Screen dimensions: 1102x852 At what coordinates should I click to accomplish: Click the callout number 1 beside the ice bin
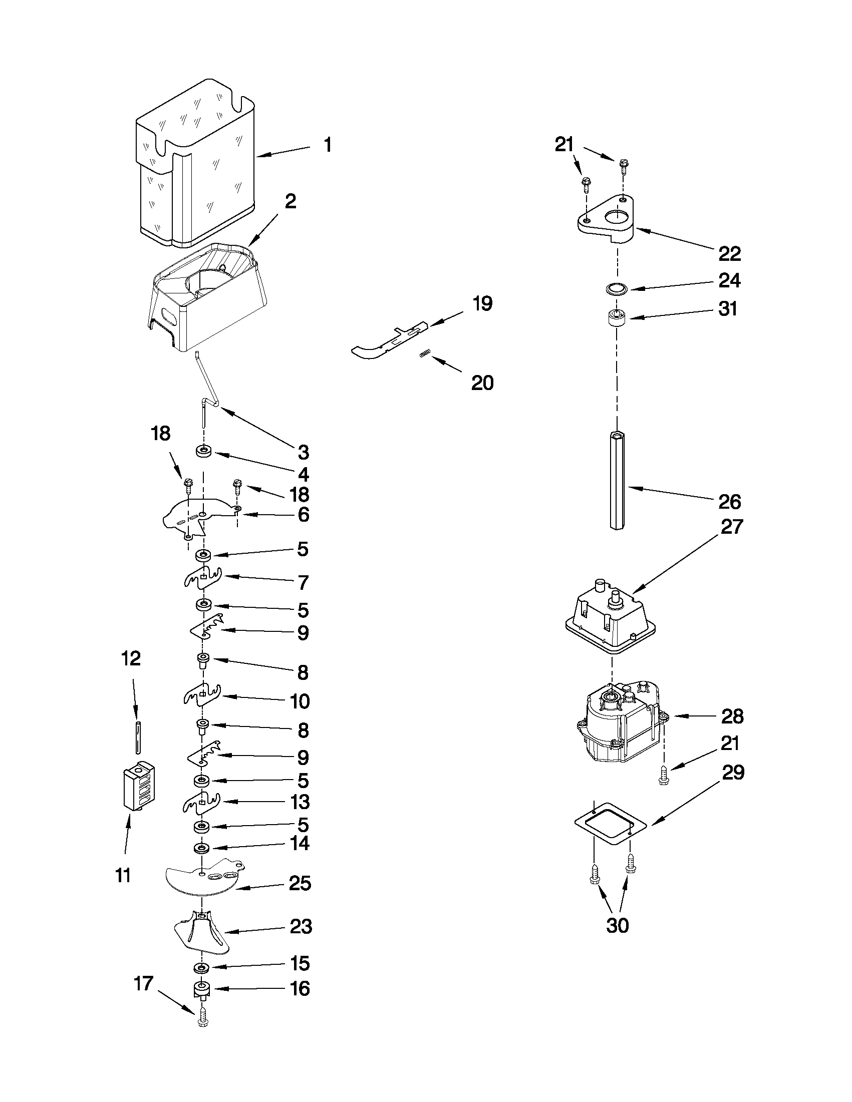pyautogui.click(x=328, y=146)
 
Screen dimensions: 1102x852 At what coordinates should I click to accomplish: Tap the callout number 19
pyautogui.click(x=482, y=304)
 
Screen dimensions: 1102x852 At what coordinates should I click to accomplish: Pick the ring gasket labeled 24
pyautogui.click(x=616, y=289)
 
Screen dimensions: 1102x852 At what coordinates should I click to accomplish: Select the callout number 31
pyautogui.click(x=728, y=309)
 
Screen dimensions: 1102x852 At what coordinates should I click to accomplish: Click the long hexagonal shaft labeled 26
pyautogui.click(x=617, y=479)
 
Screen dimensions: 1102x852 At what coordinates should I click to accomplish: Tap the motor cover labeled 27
pyautogui.click(x=611, y=618)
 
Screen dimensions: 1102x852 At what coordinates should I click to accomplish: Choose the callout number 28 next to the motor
pyautogui.click(x=732, y=716)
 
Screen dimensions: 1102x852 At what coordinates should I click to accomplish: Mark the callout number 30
pyautogui.click(x=617, y=925)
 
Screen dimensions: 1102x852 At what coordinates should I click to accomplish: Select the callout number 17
pyautogui.click(x=144, y=983)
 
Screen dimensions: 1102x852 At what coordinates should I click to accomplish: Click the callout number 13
pyautogui.click(x=301, y=802)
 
